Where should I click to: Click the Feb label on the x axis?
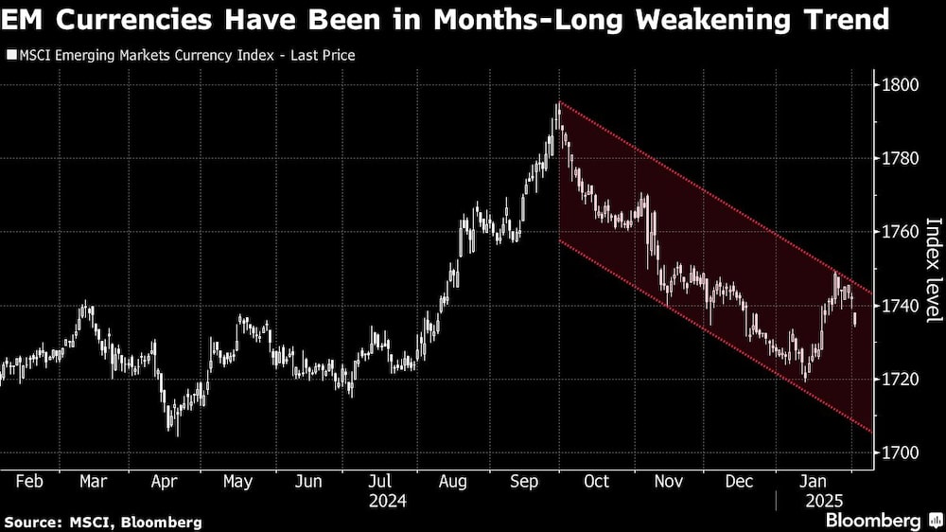(x=28, y=481)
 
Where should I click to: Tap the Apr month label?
(x=166, y=481)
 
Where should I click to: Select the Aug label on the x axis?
(x=453, y=481)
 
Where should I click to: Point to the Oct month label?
(x=596, y=481)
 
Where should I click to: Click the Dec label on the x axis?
(x=739, y=481)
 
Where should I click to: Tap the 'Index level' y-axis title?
(x=933, y=270)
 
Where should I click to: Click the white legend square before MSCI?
(x=10, y=56)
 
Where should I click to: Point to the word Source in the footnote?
(x=31, y=522)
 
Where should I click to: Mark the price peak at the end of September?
(x=558, y=103)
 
